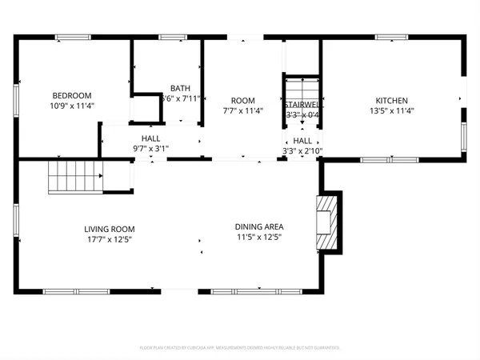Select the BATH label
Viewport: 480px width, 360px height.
(x=180, y=88)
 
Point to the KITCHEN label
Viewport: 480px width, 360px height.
(x=392, y=101)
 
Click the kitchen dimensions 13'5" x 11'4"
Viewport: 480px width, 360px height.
(x=392, y=111)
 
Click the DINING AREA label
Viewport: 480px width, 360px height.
(x=258, y=226)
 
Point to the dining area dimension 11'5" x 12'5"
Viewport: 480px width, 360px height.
(x=258, y=237)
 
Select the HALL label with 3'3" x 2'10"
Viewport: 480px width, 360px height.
(x=302, y=140)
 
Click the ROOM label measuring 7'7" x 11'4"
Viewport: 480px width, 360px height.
(x=242, y=101)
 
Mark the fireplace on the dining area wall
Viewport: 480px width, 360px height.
(x=326, y=221)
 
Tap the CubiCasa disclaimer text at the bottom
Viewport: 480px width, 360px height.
(x=240, y=348)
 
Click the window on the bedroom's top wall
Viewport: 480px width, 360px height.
(x=74, y=37)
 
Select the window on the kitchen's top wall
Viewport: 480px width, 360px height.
(x=392, y=37)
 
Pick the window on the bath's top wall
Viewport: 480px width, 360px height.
(x=173, y=37)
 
